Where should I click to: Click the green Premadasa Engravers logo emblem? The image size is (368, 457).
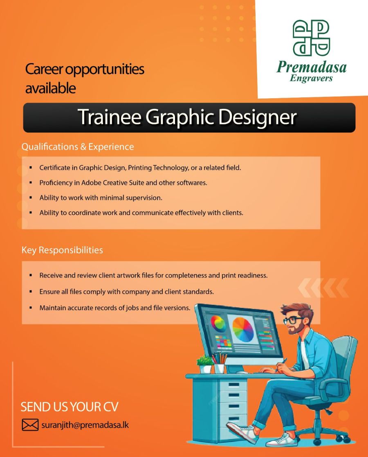[x=311, y=38]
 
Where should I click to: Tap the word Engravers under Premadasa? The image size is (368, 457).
[x=311, y=78]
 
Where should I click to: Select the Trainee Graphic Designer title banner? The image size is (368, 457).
[x=189, y=117]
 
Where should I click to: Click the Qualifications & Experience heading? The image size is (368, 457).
[x=78, y=146]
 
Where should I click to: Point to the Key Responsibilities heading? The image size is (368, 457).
[x=62, y=250]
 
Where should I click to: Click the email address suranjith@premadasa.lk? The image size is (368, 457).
[x=85, y=425]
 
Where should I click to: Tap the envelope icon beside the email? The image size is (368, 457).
[x=30, y=425]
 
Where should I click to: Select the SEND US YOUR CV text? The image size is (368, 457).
[x=70, y=407]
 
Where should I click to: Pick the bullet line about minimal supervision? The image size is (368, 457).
[x=101, y=198]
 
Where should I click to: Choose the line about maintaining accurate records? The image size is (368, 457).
[x=114, y=308]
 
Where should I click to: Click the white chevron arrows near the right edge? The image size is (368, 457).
[x=323, y=287]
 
